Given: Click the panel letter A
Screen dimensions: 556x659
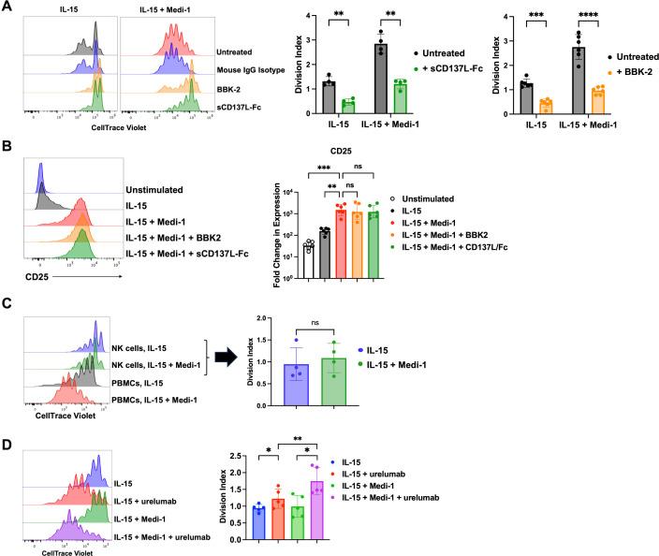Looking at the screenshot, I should pyautogui.click(x=7, y=7).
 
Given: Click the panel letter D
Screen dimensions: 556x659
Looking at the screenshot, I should pyautogui.click(x=7, y=426).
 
